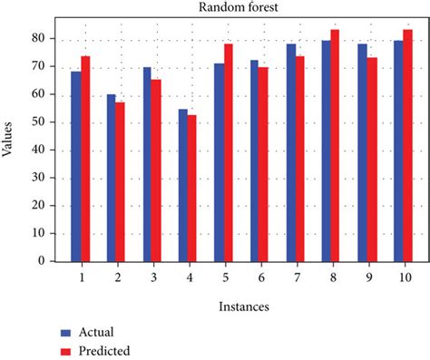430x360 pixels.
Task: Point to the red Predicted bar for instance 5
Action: (228, 152)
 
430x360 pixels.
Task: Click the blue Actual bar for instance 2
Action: (112, 178)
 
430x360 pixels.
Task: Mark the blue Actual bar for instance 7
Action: (289, 152)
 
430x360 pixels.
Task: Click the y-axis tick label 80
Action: (40, 38)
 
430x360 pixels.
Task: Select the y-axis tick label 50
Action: (40, 122)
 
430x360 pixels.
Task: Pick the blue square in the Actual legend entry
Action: (65, 332)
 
